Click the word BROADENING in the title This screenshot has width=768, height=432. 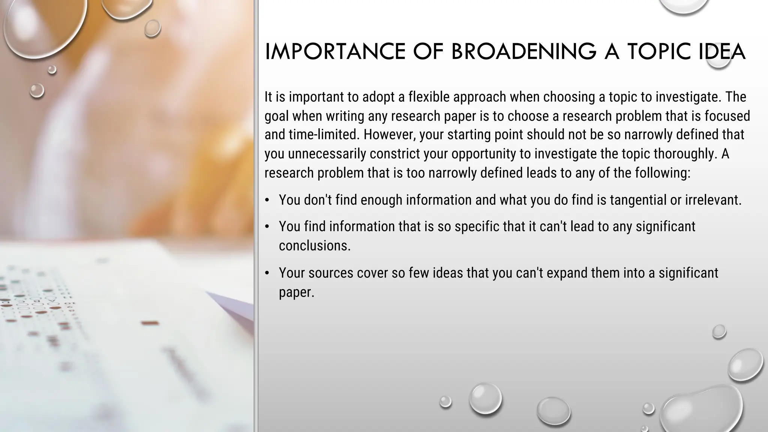click(523, 52)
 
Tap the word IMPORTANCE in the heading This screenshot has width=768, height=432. click(335, 52)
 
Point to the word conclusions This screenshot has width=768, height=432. click(314, 246)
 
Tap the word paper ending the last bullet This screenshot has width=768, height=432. click(296, 292)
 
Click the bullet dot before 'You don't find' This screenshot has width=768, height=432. click(267, 200)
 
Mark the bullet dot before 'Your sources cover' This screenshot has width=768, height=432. click(267, 273)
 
